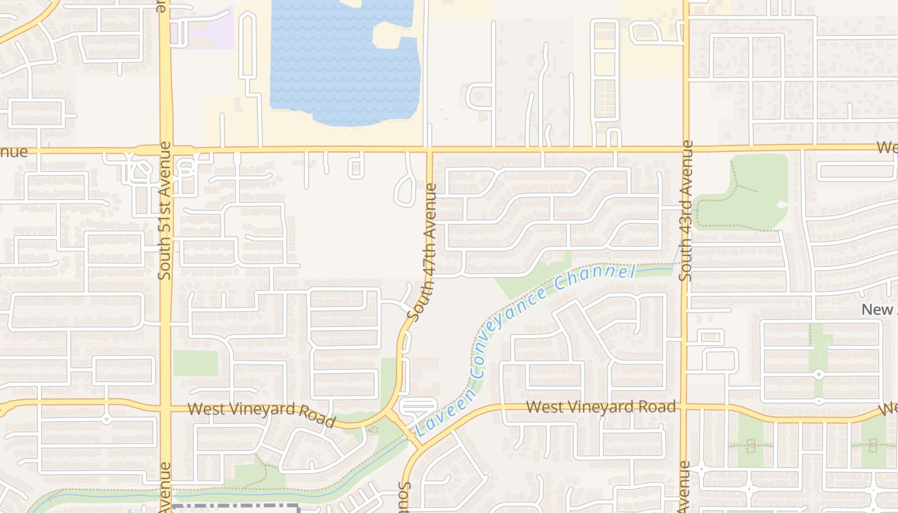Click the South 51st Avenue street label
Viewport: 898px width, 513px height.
165,210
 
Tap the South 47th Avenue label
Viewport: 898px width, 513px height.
423,253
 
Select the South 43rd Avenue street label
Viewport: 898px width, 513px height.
686,210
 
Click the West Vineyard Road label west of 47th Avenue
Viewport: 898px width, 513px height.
262,413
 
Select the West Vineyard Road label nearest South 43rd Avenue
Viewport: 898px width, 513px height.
601,407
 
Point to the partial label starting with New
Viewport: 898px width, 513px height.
879,310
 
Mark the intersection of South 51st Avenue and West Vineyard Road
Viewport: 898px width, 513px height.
165,407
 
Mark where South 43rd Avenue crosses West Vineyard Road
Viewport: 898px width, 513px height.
685,406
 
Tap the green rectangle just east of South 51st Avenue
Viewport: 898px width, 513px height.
196,364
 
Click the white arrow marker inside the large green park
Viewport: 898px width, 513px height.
781,205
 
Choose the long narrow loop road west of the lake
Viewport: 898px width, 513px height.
248,51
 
